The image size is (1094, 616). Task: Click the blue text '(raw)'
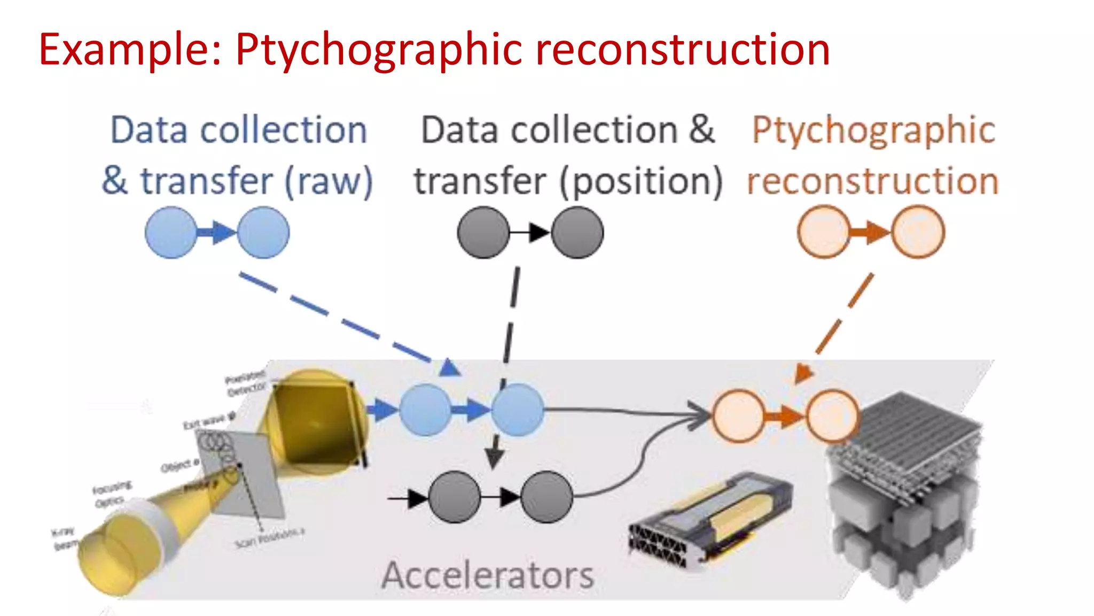click(329, 182)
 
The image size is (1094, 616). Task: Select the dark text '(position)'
click(641, 182)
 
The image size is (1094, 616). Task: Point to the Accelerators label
click(487, 576)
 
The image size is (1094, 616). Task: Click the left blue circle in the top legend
click(171, 233)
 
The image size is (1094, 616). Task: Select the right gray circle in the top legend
click(577, 233)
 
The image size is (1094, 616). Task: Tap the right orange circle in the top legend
click(918, 233)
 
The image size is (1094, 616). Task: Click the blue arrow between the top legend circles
click(217, 233)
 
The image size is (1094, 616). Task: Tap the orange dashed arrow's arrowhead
click(803, 372)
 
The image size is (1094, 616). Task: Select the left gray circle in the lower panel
click(455, 497)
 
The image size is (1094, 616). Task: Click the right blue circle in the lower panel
click(518, 410)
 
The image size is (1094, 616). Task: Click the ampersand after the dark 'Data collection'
click(701, 130)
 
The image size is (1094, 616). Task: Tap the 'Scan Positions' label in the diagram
click(270, 538)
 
